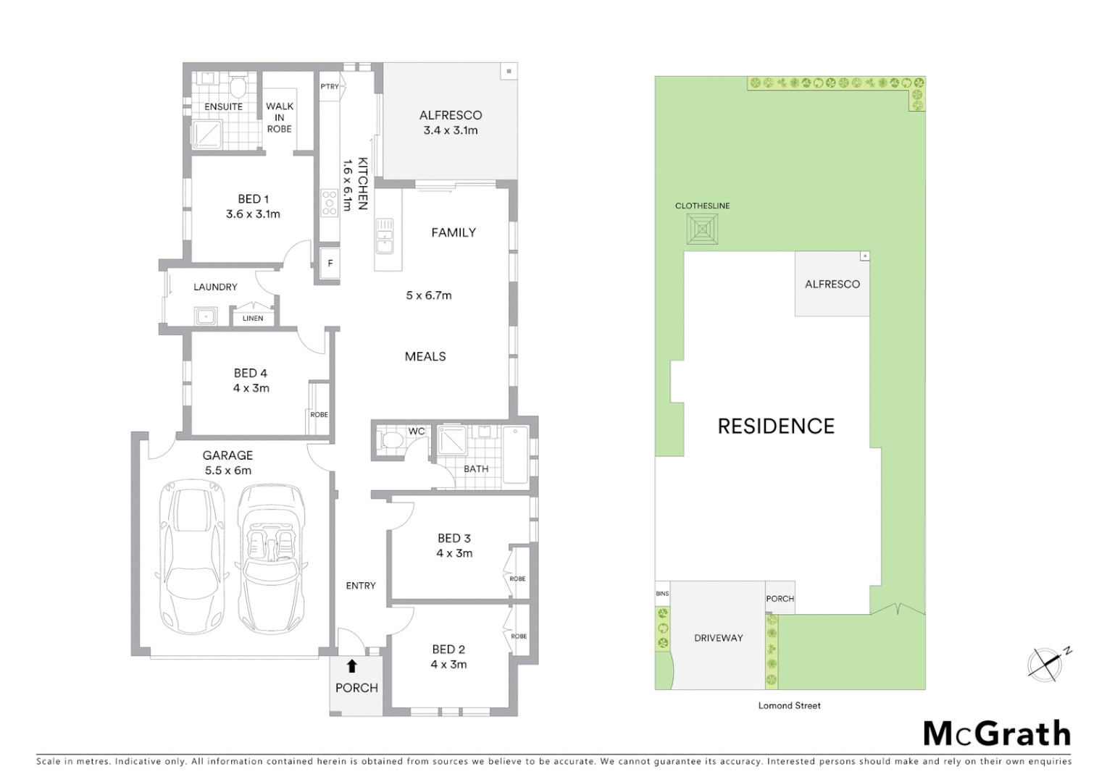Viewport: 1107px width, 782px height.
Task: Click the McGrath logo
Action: point(997,734)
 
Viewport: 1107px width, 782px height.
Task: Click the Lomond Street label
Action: point(789,705)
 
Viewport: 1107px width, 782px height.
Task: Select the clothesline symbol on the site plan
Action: point(702,231)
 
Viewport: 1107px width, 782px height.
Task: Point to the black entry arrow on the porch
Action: point(352,665)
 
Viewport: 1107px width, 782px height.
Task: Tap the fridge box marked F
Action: point(330,264)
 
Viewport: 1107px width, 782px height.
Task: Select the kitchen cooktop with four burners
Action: point(330,203)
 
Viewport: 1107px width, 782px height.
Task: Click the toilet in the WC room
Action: point(392,441)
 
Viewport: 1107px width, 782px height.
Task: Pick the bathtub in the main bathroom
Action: point(515,455)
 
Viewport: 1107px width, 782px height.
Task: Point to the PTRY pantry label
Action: point(330,87)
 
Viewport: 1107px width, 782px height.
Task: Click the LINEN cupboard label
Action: point(253,319)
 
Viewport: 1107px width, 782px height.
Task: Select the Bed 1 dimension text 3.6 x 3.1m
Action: point(253,214)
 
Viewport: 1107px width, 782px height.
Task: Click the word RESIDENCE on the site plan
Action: point(776,426)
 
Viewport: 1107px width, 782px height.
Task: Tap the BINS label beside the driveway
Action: point(662,594)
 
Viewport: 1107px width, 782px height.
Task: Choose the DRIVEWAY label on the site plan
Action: point(718,638)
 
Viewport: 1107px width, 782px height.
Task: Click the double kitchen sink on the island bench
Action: point(384,235)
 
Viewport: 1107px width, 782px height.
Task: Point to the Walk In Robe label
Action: point(279,117)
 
